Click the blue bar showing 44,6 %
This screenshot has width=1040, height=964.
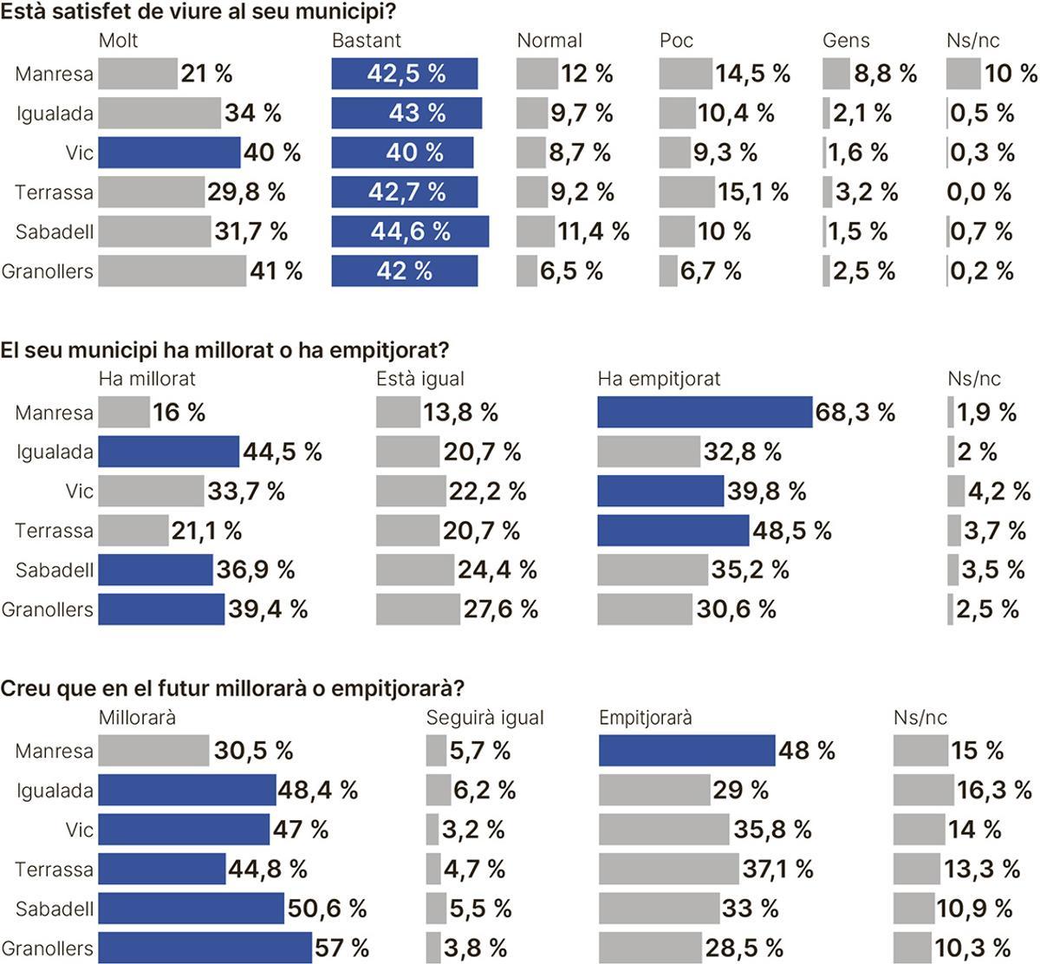click(409, 231)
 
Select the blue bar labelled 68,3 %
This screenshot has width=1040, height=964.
click(704, 413)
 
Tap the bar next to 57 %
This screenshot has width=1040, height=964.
click(205, 948)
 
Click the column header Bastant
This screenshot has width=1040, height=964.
click(367, 41)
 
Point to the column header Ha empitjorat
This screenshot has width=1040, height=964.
click(659, 379)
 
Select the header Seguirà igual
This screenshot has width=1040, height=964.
click(484, 718)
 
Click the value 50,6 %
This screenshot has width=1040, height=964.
click(327, 909)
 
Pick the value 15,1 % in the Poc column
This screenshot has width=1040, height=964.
click(752, 192)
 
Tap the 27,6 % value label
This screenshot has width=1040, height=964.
click(500, 609)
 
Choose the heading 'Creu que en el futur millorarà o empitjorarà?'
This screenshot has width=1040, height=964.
click(232, 689)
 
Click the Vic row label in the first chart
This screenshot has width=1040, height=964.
click(79, 153)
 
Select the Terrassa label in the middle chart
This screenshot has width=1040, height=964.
click(54, 531)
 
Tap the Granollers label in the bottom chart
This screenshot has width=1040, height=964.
click(47, 948)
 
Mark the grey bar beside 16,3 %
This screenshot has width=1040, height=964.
click(923, 791)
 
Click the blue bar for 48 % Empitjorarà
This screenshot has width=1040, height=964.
click(686, 751)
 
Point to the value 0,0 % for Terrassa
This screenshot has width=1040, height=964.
click(979, 192)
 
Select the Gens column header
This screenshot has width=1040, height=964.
click(846, 41)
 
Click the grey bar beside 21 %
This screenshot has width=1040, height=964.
click(137, 74)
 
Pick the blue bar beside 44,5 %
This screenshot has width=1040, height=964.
click(168, 452)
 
